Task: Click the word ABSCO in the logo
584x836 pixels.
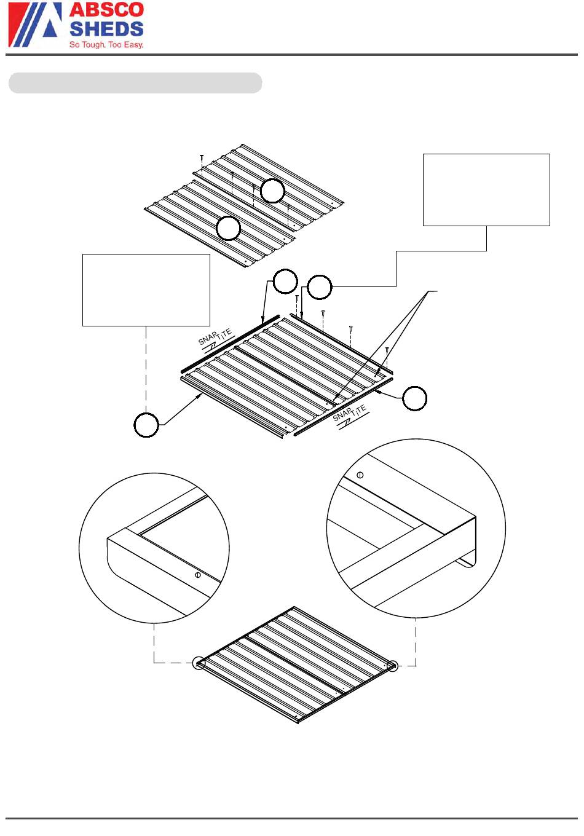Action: (106, 9)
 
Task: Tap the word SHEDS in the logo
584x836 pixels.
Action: (106, 29)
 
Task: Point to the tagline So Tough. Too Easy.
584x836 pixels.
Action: (106, 45)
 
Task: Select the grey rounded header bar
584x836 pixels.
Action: (135, 83)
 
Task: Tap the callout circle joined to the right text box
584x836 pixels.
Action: (320, 287)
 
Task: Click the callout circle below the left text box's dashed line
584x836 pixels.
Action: (146, 425)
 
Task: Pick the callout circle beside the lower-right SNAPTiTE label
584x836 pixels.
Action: (414, 398)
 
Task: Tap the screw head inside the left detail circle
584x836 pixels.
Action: (198, 575)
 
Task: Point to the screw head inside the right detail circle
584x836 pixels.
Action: (360, 475)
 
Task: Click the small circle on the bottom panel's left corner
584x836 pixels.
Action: (199, 663)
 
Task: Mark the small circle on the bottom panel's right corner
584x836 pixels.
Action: (392, 666)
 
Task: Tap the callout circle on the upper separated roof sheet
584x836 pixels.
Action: (272, 191)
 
